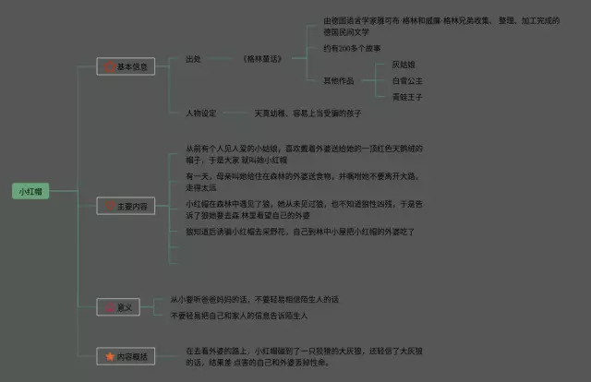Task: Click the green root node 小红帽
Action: point(30,192)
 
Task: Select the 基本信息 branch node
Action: point(126,66)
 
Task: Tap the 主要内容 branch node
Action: point(126,207)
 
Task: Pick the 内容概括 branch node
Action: point(126,356)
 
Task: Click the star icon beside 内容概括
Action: point(110,356)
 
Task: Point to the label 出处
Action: point(193,59)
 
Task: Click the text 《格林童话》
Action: point(262,59)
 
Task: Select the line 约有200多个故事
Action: point(352,48)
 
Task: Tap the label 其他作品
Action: point(338,79)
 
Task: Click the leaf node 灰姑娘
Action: point(404,65)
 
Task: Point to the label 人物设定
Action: point(200,113)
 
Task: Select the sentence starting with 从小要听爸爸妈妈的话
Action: point(255,300)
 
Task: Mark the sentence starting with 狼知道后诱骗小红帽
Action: point(300,232)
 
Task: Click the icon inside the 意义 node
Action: point(111,307)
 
